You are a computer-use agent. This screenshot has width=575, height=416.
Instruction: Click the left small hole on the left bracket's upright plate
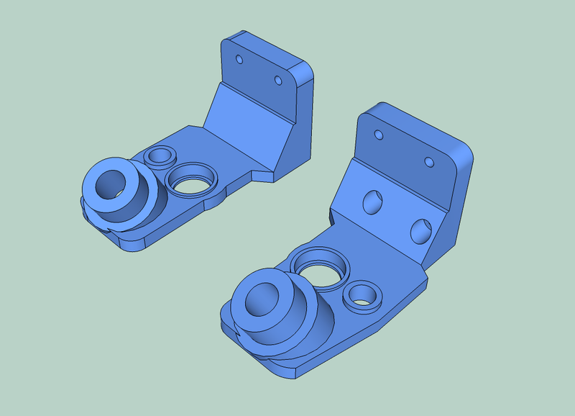[241, 58]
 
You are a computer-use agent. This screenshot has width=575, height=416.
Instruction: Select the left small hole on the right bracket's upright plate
[378, 135]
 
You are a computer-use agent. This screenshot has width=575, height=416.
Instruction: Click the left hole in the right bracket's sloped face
[373, 202]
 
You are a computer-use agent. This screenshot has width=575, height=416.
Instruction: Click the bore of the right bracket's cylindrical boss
[260, 301]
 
